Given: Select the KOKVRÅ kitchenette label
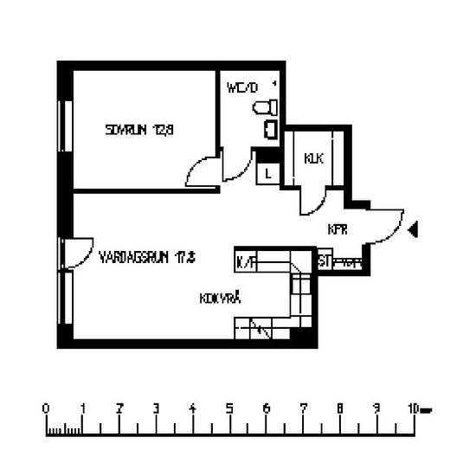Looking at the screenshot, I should [x=219, y=298].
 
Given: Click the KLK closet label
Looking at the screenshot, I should [x=313, y=158].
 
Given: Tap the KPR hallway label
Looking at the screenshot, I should [x=338, y=230].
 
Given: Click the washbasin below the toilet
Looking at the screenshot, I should [x=270, y=130].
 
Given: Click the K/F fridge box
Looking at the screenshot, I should [x=246, y=260].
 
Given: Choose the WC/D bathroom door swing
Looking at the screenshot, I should [x=236, y=166].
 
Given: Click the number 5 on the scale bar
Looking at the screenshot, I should [x=229, y=408].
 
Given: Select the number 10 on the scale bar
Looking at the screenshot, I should [x=415, y=408].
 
